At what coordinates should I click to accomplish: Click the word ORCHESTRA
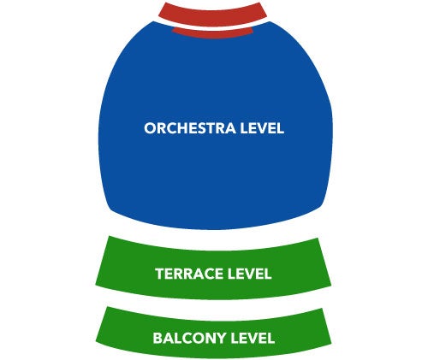coord(190,128)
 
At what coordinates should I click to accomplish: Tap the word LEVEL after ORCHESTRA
coord(262,128)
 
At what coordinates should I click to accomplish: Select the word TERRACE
coord(189,274)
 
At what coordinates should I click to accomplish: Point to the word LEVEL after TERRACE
coord(249,274)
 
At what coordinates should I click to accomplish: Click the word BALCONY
coord(190,338)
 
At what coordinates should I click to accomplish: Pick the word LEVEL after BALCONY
coord(253,338)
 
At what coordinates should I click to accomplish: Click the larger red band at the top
coord(212,15)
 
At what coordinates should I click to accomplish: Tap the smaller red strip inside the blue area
coord(212,33)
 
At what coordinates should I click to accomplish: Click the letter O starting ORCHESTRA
coord(150,128)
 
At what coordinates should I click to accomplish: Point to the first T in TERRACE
coord(160,274)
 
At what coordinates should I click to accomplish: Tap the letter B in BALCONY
coord(158,338)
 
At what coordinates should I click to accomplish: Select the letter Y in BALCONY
coord(222,338)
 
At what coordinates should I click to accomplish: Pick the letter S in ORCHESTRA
coord(206,128)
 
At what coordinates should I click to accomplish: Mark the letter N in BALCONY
coord(210,338)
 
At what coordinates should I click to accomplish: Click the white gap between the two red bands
coord(212,27)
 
